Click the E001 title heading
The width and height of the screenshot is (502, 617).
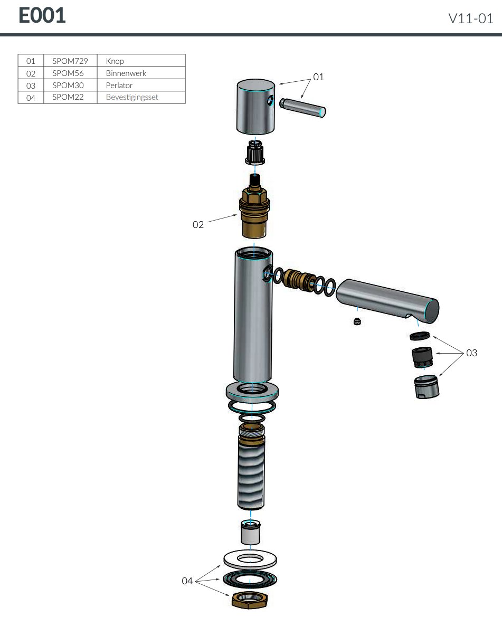click(x=42, y=16)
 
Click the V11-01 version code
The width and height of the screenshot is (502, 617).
click(x=470, y=19)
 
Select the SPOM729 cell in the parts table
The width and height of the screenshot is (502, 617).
click(x=70, y=61)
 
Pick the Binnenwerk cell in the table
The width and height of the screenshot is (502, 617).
click(x=126, y=73)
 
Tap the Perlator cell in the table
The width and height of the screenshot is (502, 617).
click(x=119, y=85)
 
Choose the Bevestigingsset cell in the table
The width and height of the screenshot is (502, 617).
click(x=131, y=97)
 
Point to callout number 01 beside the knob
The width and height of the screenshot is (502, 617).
click(x=318, y=77)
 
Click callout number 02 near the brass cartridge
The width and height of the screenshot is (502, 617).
click(x=198, y=225)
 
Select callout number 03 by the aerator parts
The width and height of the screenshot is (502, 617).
click(x=471, y=353)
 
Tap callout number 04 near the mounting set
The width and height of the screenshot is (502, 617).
click(x=187, y=581)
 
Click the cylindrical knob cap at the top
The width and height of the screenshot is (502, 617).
click(x=255, y=108)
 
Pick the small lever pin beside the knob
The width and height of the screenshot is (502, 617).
click(x=302, y=107)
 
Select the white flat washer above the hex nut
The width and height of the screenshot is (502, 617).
click(x=250, y=559)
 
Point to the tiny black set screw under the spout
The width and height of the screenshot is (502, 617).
click(x=357, y=321)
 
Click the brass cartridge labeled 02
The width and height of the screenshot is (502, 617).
click(x=254, y=212)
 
